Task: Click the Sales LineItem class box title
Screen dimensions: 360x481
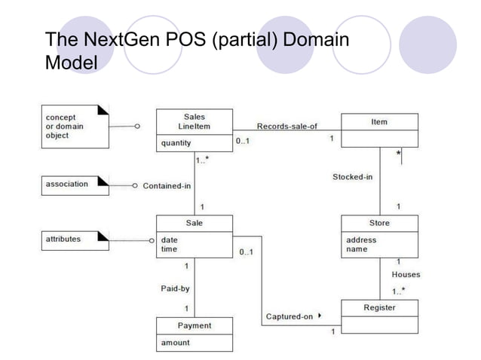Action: [x=194, y=121]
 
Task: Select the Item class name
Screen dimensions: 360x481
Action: [x=379, y=121]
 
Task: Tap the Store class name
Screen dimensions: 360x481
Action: [x=379, y=223]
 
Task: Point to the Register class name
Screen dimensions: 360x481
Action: [x=379, y=307]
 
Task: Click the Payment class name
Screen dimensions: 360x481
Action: [x=194, y=325]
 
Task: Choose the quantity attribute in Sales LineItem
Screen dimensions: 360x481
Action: [x=176, y=142]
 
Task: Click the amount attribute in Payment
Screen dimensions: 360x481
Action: [x=175, y=343]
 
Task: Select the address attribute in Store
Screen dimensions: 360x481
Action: [x=361, y=240]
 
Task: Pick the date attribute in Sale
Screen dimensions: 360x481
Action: [x=170, y=239]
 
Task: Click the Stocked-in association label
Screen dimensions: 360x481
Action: [x=353, y=177]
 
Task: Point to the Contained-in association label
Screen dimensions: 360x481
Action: [x=167, y=185]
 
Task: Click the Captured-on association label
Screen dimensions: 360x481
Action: [x=289, y=316]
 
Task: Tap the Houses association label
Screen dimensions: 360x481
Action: [x=406, y=275]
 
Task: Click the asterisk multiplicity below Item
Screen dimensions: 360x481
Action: [x=398, y=154]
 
